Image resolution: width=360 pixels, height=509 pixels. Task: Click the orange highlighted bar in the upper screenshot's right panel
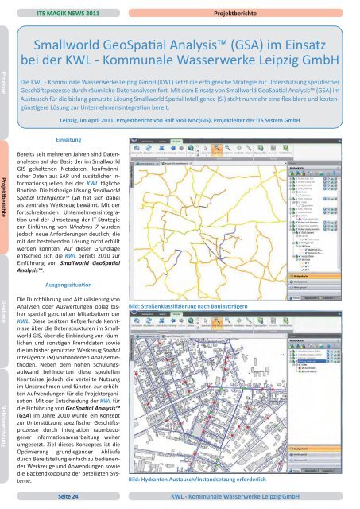[x=321, y=282]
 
